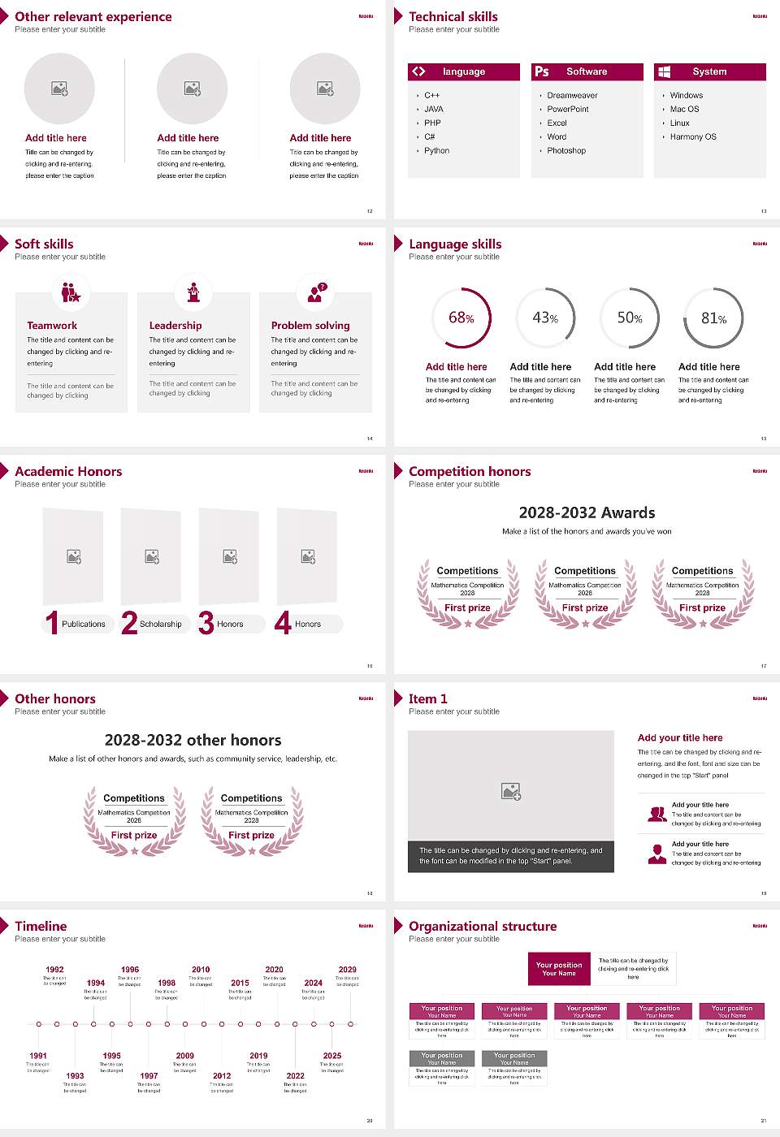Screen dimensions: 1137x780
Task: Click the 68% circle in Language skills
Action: (461, 318)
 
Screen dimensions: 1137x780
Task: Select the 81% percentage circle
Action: (713, 318)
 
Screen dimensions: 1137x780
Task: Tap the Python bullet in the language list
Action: (436, 150)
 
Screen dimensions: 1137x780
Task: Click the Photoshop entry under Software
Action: (565, 150)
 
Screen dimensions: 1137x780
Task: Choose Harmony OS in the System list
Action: (693, 136)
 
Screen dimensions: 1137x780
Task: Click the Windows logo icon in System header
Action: (664, 71)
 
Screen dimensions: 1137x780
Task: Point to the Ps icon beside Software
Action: (542, 71)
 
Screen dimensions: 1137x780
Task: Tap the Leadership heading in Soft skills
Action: (175, 325)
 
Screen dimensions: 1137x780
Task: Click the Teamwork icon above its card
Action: (71, 292)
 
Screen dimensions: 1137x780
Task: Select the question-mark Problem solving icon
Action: (316, 292)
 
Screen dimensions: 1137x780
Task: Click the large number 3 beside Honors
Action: (206, 623)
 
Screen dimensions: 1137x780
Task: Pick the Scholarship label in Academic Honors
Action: (160, 624)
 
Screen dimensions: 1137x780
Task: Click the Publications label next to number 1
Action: (83, 624)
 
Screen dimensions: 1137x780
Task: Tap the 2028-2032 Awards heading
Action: (587, 512)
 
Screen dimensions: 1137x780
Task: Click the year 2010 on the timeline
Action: (201, 969)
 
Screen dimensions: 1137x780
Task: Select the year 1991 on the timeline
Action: (38, 1056)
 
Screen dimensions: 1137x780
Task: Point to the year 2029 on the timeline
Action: (347, 969)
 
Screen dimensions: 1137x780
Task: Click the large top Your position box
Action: (559, 969)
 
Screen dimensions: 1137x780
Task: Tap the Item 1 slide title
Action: (427, 698)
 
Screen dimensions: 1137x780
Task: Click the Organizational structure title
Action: (483, 926)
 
